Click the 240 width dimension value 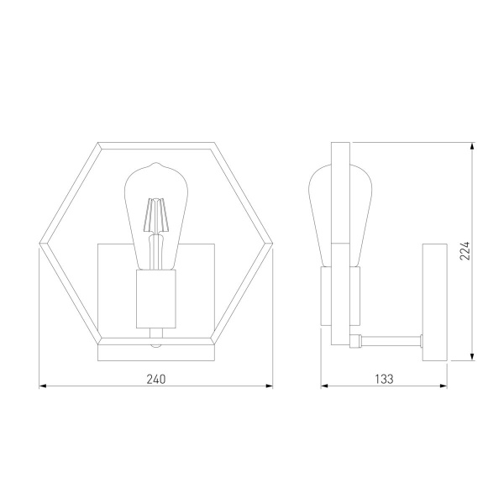click(x=156, y=379)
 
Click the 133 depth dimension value click(x=384, y=379)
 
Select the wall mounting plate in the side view click(x=434, y=302)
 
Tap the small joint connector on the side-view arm click(x=357, y=340)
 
